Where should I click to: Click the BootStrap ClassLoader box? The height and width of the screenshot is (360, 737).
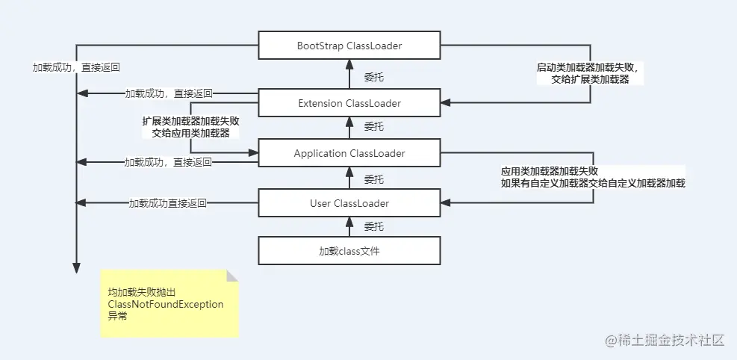(349, 46)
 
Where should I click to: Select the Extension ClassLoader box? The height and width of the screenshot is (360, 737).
(349, 102)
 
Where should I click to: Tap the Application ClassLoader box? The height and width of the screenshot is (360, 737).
(349, 153)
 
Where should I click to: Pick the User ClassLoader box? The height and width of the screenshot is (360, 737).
(349, 202)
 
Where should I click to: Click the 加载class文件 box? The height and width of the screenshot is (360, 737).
(349, 250)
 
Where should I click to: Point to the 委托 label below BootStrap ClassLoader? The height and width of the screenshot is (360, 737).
(374, 76)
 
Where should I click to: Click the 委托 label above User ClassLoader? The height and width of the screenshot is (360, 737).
(374, 179)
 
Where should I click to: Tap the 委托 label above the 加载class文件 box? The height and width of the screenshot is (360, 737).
(374, 226)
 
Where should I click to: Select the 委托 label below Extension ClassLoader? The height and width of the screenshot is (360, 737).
(374, 127)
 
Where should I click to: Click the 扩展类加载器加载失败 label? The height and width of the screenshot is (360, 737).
(190, 120)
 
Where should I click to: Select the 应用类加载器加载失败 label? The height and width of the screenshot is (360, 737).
(550, 170)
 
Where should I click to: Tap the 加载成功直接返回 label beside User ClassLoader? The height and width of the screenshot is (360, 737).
(167, 202)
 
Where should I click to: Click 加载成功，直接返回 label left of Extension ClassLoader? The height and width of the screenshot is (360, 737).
(169, 93)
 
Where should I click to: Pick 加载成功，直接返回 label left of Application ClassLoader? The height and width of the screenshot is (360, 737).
(168, 161)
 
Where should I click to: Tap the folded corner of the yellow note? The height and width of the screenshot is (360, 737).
(232, 276)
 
